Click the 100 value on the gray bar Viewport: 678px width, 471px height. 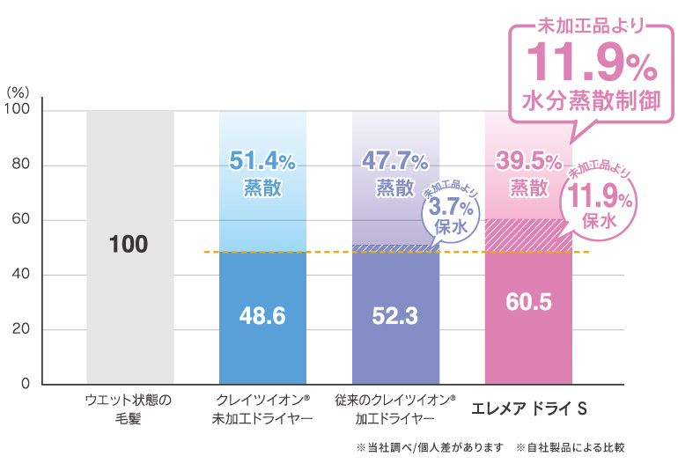pyautogui.click(x=129, y=245)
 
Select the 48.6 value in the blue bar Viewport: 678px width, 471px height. pyautogui.click(x=262, y=316)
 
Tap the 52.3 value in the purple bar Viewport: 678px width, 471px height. pyautogui.click(x=394, y=316)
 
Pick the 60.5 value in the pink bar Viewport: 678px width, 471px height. pyautogui.click(x=528, y=302)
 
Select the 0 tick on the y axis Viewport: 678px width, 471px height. pyautogui.click(x=25, y=385)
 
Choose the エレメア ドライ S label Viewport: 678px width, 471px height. pyautogui.click(x=529, y=409)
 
